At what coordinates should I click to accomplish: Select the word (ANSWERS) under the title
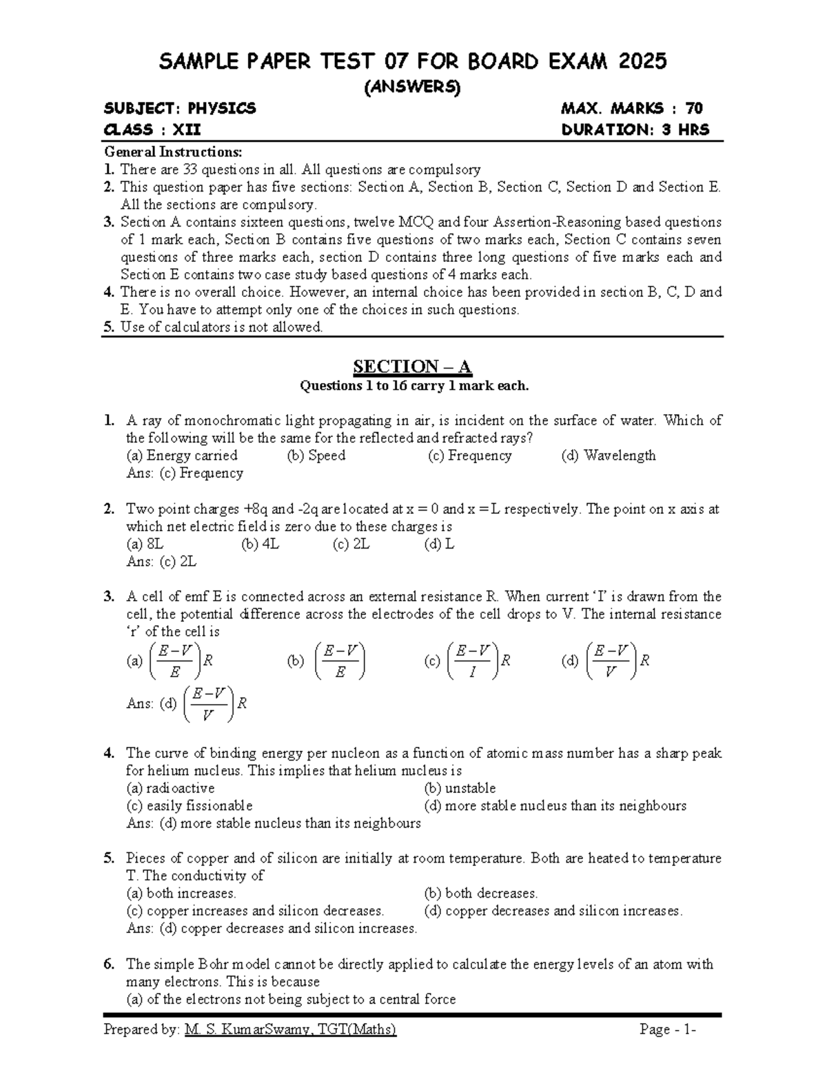coord(412,87)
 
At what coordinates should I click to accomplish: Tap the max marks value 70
coord(693,108)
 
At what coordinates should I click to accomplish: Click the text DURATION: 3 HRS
coord(635,130)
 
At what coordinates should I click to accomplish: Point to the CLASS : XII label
coord(152,130)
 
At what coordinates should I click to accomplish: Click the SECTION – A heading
coord(412,366)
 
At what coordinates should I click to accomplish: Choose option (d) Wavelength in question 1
coord(609,455)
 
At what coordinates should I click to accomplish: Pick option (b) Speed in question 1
coord(316,455)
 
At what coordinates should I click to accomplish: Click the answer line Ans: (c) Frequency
coord(185,473)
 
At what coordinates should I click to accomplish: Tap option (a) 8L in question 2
coord(145,544)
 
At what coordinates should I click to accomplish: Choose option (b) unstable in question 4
coord(460,788)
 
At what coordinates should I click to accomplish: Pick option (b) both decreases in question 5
coord(481,894)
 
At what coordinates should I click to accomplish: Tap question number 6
coord(109,965)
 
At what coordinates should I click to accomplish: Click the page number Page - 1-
coord(668,1030)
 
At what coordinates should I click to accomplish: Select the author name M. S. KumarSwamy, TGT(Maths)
coord(291,1030)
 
